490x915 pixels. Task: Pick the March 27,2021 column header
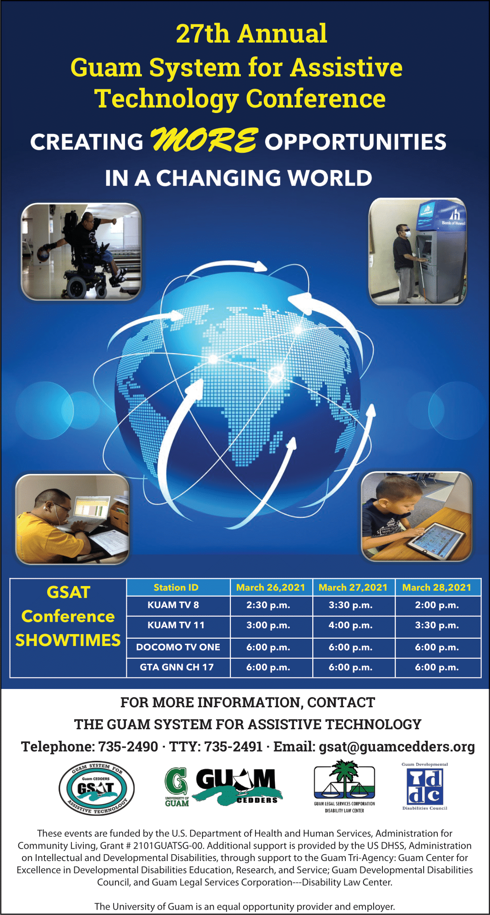coord(353,587)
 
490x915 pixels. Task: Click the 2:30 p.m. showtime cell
coord(268,605)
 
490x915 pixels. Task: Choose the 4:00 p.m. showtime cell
coord(351,625)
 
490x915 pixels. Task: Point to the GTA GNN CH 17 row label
coord(177,667)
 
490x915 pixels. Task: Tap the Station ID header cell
coord(176,587)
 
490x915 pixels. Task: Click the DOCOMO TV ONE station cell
coord(178,647)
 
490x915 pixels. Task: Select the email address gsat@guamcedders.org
coord(397,747)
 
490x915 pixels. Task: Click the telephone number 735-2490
coord(128,747)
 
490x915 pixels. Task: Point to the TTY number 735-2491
coord(233,747)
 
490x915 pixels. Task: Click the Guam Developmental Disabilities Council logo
coord(425,786)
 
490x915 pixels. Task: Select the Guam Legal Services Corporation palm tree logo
coord(344,786)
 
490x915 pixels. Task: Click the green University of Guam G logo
coord(177,787)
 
